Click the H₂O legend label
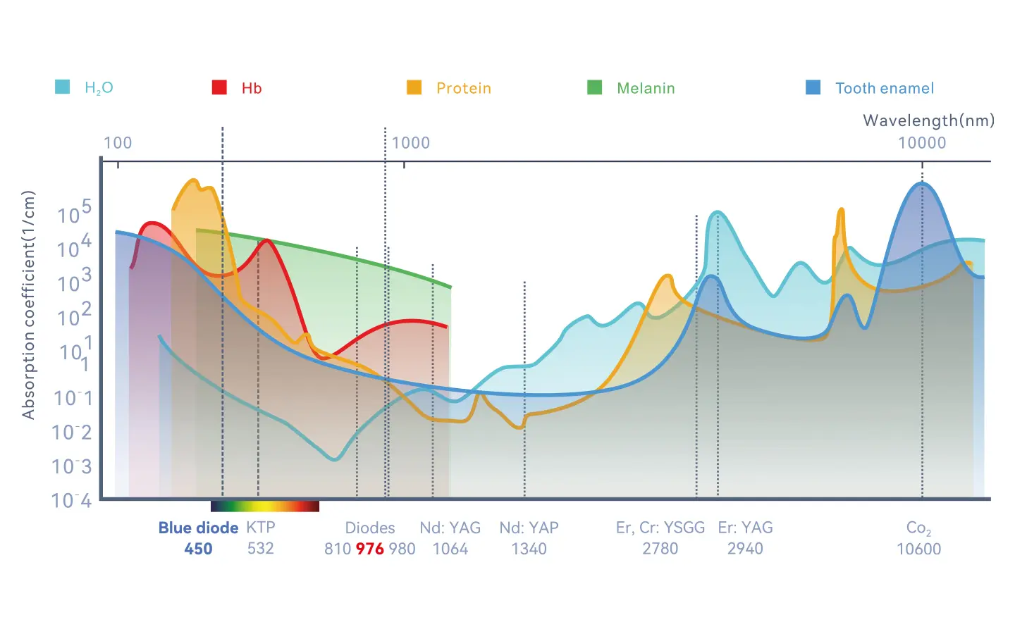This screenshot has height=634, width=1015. point(99,88)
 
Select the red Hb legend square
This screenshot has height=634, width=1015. point(219,87)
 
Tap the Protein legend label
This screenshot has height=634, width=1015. point(463,88)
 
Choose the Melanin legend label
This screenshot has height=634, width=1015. point(646,88)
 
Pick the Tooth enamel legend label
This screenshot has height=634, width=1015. point(884,88)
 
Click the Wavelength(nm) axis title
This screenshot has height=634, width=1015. point(928,120)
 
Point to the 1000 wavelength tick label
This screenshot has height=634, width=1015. point(410,143)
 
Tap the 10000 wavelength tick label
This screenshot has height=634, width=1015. point(921,143)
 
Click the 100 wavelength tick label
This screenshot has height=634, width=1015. point(118,143)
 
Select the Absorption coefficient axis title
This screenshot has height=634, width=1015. point(28,305)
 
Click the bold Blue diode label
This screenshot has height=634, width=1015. point(198,528)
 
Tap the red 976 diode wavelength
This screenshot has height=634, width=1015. point(369,549)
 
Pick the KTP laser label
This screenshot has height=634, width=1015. point(260,528)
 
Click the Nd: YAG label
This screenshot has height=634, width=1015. point(450,528)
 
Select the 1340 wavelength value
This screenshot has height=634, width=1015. point(529,549)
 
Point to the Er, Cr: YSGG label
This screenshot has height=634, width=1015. point(660,528)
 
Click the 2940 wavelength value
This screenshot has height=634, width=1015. point(745,549)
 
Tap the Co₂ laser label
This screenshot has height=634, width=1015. point(918,528)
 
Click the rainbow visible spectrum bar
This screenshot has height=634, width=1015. point(265,506)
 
